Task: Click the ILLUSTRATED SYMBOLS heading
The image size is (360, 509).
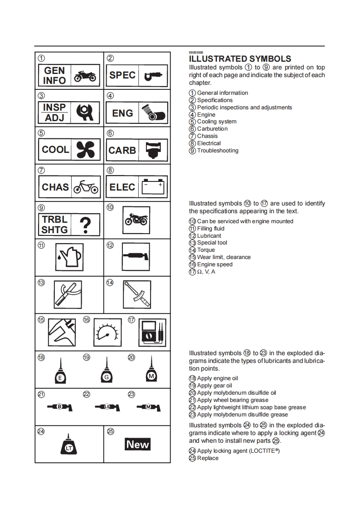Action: tap(240, 59)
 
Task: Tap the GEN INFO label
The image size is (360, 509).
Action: tap(54, 76)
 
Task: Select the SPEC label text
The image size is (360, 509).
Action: tap(122, 75)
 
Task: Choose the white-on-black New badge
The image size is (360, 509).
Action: tap(137, 445)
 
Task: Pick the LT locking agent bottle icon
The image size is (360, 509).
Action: tap(69, 446)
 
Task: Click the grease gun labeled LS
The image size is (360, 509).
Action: tap(107, 407)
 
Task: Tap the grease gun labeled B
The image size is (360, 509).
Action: tap(60, 407)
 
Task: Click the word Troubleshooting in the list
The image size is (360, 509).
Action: tap(218, 151)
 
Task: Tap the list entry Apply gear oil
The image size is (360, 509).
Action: tap(214, 386)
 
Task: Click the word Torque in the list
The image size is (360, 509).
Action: tap(206, 250)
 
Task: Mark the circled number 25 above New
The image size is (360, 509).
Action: tap(110, 431)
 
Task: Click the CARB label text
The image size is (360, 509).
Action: tap(122, 150)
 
